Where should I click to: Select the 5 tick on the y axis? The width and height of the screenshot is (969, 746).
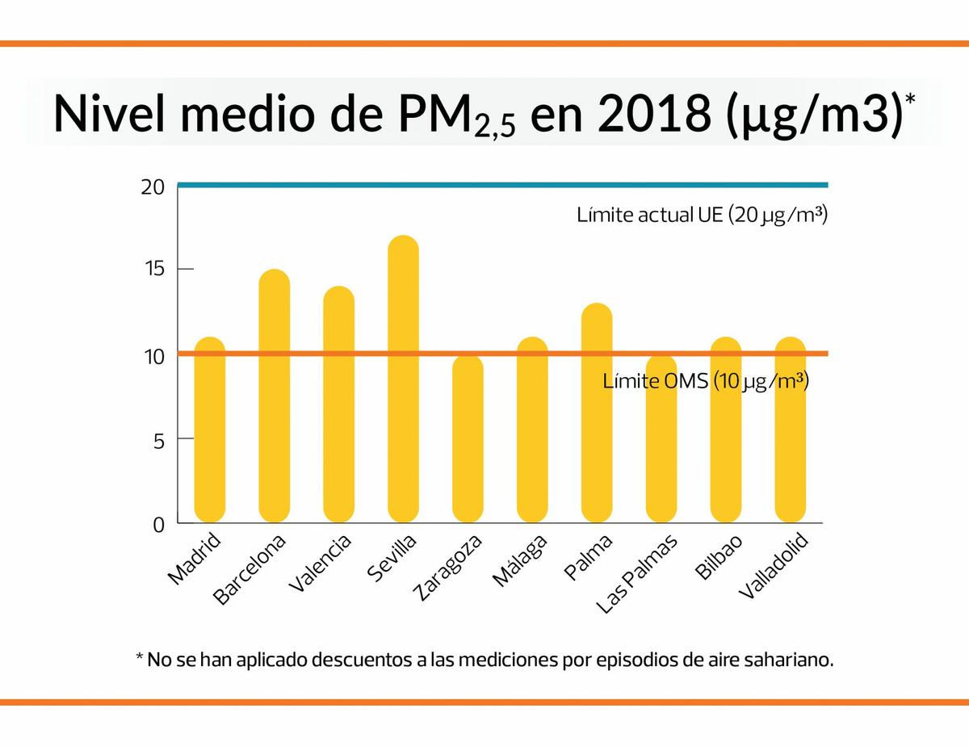pyautogui.click(x=158, y=440)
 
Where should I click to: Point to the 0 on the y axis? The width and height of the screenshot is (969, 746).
pyautogui.click(x=158, y=526)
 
